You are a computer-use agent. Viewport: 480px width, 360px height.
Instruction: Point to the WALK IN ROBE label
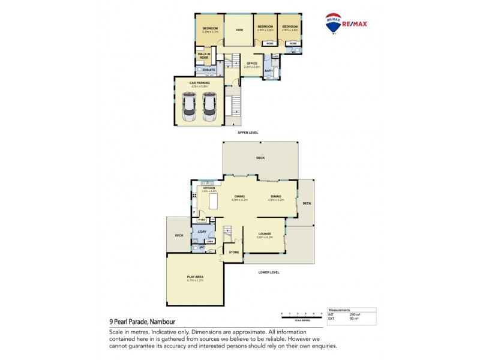[x=204, y=56]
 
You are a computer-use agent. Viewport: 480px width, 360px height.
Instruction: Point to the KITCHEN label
[x=209, y=188]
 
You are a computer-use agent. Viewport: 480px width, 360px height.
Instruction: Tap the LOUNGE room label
[x=265, y=234]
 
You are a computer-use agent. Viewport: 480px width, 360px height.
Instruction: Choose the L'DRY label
[x=202, y=232]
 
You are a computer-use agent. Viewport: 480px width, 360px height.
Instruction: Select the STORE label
[x=233, y=253]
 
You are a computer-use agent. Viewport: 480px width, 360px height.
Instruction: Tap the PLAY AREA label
[x=195, y=277]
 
